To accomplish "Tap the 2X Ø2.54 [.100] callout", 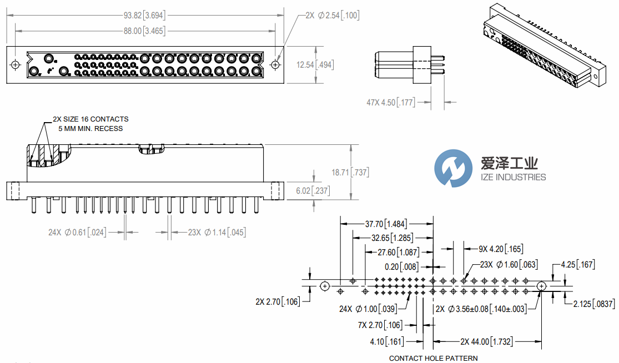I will point(333,16).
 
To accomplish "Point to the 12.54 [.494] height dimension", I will point(314,65).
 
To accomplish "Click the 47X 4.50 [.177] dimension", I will point(390,102).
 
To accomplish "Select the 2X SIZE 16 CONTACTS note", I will point(90,119).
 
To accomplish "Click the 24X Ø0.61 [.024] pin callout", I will point(78,232).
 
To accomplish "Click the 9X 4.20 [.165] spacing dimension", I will point(493,249).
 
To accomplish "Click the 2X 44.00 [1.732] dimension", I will point(486,342).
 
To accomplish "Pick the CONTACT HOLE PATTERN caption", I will point(433,358).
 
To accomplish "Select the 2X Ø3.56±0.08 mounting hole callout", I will point(481,309).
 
